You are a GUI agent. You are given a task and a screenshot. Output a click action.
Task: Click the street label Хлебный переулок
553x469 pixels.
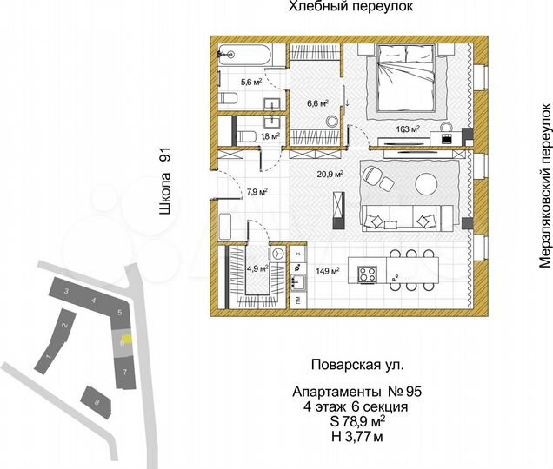tap(346, 8)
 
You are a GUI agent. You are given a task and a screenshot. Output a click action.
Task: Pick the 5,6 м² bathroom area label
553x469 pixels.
tap(227, 84)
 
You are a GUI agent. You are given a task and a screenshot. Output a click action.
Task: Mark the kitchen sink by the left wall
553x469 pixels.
tap(299, 282)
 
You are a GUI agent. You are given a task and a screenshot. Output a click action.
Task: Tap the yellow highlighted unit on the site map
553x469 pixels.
tap(126, 341)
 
